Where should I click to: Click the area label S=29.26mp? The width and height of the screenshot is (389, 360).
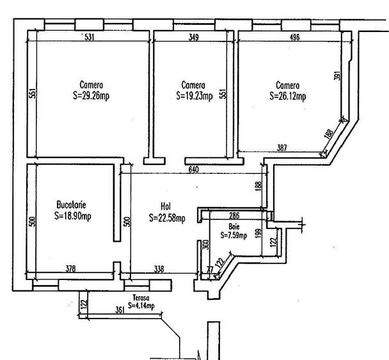[x=91, y=97]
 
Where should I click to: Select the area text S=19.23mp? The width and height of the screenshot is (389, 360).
[x=194, y=97]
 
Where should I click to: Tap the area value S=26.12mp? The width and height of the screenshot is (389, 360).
[x=288, y=97]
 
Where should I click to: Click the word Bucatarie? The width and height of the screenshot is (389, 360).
[x=71, y=205]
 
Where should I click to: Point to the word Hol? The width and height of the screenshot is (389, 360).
[x=165, y=207]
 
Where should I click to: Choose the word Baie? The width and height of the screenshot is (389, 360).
[x=234, y=226]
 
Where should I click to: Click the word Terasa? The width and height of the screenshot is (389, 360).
[x=141, y=298]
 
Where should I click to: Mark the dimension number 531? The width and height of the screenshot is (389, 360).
[x=90, y=38]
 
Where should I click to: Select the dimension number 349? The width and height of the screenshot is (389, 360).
[x=194, y=38]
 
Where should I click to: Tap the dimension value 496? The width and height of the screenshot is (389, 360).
[x=294, y=38]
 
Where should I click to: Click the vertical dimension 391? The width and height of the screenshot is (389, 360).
[x=337, y=75]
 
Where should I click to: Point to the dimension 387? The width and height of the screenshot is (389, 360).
[x=282, y=148]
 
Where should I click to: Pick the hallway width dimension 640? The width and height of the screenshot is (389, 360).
[x=194, y=170]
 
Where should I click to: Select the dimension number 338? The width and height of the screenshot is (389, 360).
[x=159, y=270]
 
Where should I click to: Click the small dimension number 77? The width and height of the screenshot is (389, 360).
[x=209, y=270]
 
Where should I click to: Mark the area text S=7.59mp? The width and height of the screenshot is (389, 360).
[x=234, y=235]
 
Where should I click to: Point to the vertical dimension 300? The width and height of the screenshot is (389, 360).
[x=205, y=245]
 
